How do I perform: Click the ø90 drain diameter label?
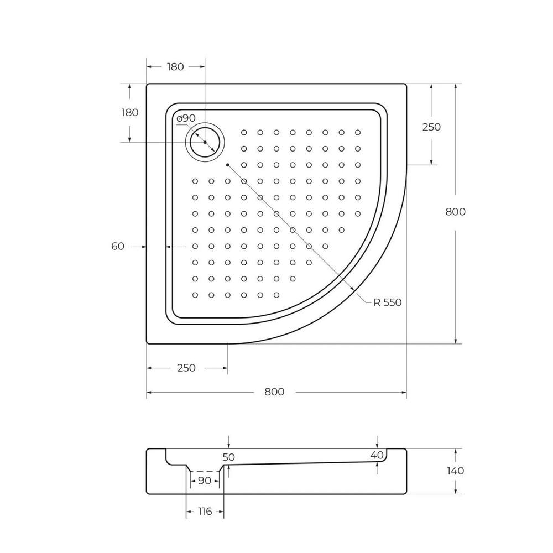point(186,118)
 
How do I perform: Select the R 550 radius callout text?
point(387,302)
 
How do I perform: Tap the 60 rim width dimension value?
point(118,247)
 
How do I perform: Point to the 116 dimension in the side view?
point(205,512)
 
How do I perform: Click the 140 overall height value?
point(455,471)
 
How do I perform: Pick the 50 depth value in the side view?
point(229,457)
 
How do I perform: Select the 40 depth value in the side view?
point(377,455)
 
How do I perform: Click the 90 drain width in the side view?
point(205,481)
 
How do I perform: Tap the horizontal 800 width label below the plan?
point(274,392)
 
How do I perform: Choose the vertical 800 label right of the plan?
point(455,212)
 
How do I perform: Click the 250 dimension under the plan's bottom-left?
point(186,368)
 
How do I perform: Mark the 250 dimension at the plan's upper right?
point(431,127)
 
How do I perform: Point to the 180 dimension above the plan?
point(175,67)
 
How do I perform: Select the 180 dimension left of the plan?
point(129,113)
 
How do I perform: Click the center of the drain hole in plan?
point(205,142)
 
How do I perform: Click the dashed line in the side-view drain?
point(205,472)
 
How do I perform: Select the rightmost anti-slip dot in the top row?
point(358,133)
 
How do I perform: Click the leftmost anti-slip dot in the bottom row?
point(195,295)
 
